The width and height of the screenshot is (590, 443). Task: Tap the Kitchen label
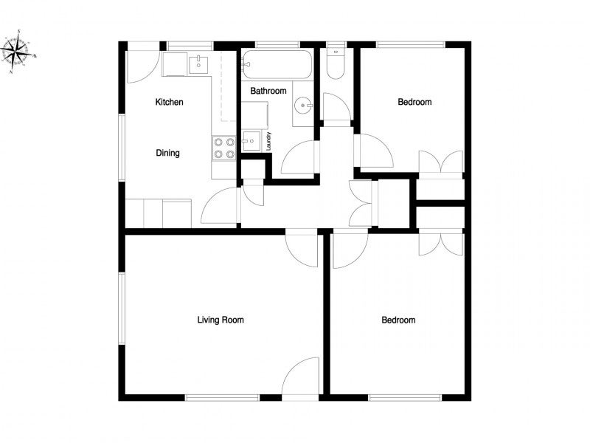click(x=170, y=102)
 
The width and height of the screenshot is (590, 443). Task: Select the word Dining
click(x=168, y=153)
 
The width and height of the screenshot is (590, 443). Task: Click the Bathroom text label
click(x=268, y=91)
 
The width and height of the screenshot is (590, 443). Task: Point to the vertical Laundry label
click(x=268, y=141)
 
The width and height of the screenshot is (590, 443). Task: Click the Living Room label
click(x=221, y=320)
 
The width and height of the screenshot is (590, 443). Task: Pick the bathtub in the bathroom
click(x=277, y=64)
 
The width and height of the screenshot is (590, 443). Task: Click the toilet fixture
click(x=336, y=63)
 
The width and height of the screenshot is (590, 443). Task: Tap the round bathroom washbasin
click(x=302, y=106)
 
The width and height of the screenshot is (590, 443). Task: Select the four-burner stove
click(x=224, y=148)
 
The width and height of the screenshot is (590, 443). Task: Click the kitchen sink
click(x=198, y=64)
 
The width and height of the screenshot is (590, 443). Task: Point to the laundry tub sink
click(x=251, y=141)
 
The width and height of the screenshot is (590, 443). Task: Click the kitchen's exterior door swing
click(x=144, y=66)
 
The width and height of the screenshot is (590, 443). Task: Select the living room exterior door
click(x=300, y=376)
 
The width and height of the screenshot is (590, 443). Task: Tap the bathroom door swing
click(x=299, y=157)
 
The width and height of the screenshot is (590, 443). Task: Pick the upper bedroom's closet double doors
click(x=440, y=162)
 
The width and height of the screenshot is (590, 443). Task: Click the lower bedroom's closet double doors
click(x=440, y=244)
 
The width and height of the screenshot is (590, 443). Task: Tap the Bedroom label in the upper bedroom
click(x=414, y=102)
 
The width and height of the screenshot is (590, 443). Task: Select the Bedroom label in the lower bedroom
click(x=398, y=320)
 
